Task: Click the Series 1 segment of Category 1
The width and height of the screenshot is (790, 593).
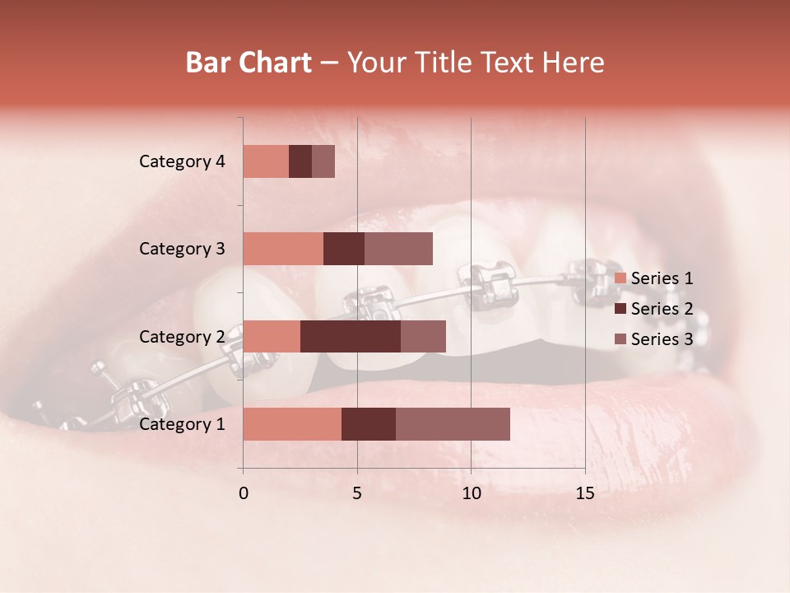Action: pyautogui.click(x=292, y=423)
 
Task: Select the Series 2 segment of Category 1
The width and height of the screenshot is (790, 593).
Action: pyautogui.click(x=369, y=423)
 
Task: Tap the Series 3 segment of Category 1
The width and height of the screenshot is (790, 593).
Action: pyautogui.click(x=453, y=423)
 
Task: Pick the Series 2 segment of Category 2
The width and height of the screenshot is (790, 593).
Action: pyautogui.click(x=351, y=336)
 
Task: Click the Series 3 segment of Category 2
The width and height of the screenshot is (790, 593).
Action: pyautogui.click(x=423, y=336)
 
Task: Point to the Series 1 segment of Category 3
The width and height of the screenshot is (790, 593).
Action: pyautogui.click(x=283, y=248)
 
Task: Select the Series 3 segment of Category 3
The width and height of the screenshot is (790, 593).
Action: pyautogui.click(x=398, y=248)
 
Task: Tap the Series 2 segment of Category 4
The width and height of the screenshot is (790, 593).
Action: pyautogui.click(x=300, y=161)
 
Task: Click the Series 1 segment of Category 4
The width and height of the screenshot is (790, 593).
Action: pyautogui.click(x=266, y=161)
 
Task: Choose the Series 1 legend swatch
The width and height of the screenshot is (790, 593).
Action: pyautogui.click(x=620, y=278)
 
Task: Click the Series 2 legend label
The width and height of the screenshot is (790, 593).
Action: pyautogui.click(x=662, y=309)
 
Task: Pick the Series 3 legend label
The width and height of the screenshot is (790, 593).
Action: pyautogui.click(x=662, y=339)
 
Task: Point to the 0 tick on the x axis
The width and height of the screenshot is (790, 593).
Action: pyautogui.click(x=244, y=493)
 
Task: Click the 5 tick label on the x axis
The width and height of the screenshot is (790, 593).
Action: pyautogui.click(x=357, y=493)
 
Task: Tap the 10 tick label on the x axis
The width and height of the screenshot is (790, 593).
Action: pyautogui.click(x=471, y=493)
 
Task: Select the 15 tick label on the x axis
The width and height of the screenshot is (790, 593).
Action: pyautogui.click(x=584, y=493)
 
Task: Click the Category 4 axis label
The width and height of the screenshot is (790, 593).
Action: pyautogui.click(x=182, y=161)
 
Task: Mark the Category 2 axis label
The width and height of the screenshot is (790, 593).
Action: pyautogui.click(x=182, y=337)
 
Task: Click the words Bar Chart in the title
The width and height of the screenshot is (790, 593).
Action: pyautogui.click(x=249, y=63)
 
